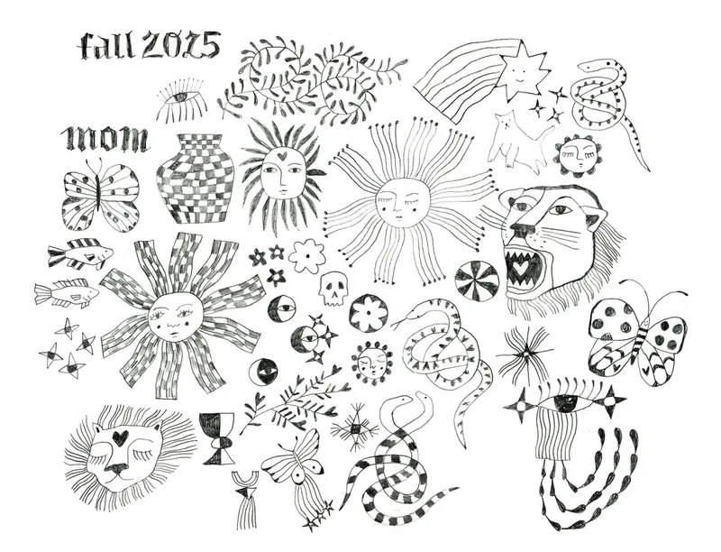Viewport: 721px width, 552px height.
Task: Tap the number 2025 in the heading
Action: [181, 45]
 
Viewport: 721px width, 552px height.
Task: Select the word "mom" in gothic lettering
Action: [106, 138]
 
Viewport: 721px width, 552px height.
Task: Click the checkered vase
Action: [196, 179]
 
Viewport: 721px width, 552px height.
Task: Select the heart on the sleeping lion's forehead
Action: [119, 437]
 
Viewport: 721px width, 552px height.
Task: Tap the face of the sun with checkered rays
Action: [175, 316]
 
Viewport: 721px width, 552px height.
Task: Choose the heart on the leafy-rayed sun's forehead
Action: [284, 154]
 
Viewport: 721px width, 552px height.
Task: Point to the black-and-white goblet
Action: [216, 438]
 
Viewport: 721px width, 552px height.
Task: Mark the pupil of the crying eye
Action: [565, 403]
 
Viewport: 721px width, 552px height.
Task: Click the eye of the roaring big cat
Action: [561, 210]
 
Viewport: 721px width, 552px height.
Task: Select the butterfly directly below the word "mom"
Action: [100, 195]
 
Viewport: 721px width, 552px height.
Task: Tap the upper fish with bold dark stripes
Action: [80, 253]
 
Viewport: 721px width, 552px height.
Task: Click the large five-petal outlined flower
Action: [306, 256]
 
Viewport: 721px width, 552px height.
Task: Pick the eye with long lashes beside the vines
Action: [179, 99]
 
